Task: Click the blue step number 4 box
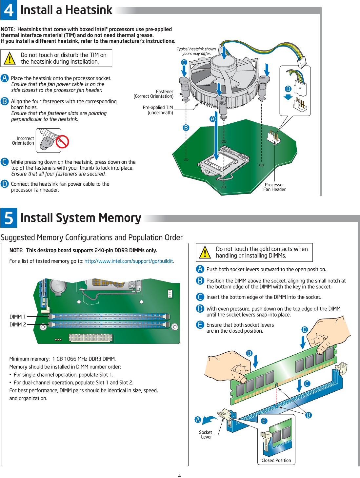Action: click(9, 10)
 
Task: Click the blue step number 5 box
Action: click(9, 218)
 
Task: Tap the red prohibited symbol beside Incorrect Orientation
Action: click(62, 142)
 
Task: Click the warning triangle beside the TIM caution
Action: click(10, 58)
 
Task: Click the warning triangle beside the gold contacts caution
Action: click(205, 253)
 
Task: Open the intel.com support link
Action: click(129, 261)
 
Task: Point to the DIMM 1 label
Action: click(17, 317)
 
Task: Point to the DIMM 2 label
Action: click(17, 324)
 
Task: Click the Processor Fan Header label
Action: click(274, 187)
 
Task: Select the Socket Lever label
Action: click(206, 434)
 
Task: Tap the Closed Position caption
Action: click(276, 460)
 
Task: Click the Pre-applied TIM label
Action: click(158, 110)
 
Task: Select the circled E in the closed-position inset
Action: click(264, 421)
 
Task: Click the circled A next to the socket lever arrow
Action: click(198, 420)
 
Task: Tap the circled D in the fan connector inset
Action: click(288, 89)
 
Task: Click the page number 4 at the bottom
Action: click(179, 476)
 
